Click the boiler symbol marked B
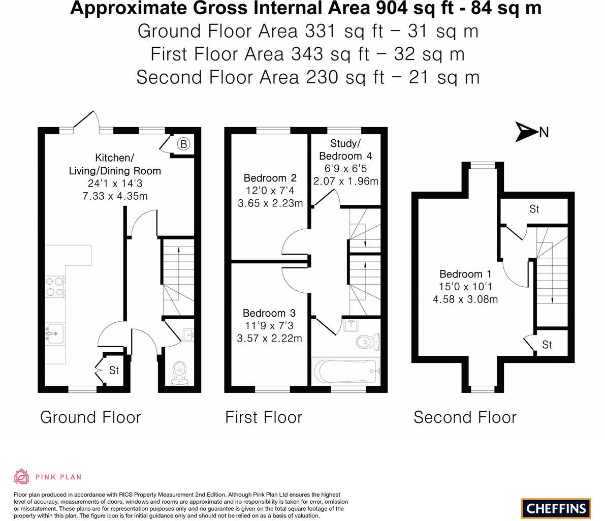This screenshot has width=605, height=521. [x=184, y=144]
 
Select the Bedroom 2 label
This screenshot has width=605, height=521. [x=270, y=178]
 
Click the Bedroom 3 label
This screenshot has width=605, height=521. [x=269, y=313]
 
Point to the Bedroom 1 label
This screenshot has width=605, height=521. [x=465, y=274]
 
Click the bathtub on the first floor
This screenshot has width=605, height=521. [x=345, y=371]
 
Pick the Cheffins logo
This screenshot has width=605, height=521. [x=556, y=508]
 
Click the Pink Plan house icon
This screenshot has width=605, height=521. [x=22, y=477]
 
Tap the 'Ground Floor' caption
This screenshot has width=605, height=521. [x=90, y=417]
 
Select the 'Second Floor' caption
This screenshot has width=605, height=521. [x=465, y=417]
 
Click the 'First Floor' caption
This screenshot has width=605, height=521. [x=264, y=417]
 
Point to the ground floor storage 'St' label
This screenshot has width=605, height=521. [x=114, y=371]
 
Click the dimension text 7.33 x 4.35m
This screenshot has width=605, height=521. [x=115, y=196]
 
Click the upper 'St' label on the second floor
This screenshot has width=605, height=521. [x=534, y=209]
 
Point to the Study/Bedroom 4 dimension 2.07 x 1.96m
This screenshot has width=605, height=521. [x=346, y=181]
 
